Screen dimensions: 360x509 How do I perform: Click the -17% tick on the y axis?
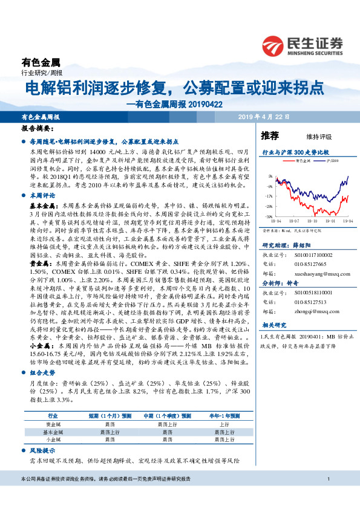[267, 196]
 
